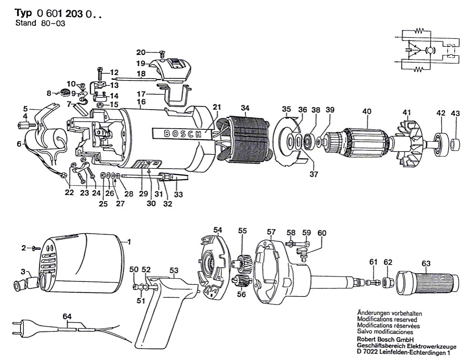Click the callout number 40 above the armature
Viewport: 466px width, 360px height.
(366, 112)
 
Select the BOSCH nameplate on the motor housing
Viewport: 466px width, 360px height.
(182, 134)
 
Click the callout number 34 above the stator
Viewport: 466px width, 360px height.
(245, 108)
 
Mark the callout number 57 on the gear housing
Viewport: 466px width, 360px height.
(271, 232)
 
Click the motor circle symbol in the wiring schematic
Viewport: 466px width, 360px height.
(429, 50)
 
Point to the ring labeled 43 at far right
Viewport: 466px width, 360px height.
(456, 143)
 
